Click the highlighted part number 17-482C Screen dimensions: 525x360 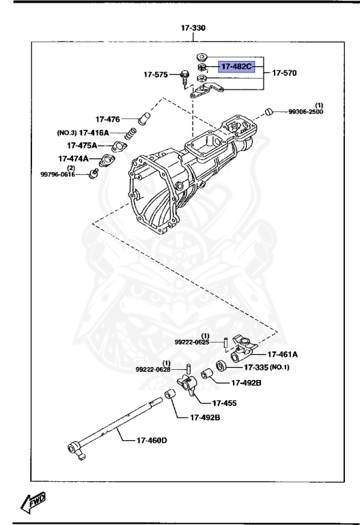236,67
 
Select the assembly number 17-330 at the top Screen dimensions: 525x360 193,29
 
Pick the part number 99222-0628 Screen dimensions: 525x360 153,369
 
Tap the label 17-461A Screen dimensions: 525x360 283,354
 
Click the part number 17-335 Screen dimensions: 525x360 258,368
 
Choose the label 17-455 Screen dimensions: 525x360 224,403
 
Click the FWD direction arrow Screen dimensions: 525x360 33,503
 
